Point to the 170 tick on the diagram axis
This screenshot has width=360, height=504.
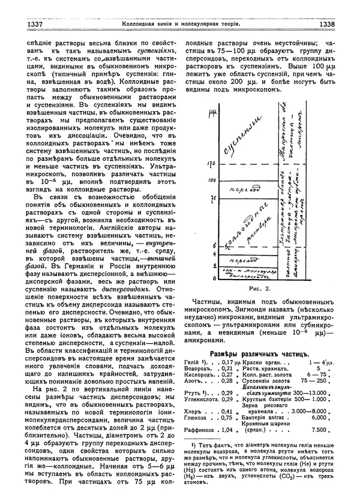point(211,162)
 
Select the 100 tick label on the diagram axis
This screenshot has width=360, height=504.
point(211,179)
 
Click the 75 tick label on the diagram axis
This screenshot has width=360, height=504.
point(212,197)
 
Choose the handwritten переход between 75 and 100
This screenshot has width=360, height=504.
point(244,190)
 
